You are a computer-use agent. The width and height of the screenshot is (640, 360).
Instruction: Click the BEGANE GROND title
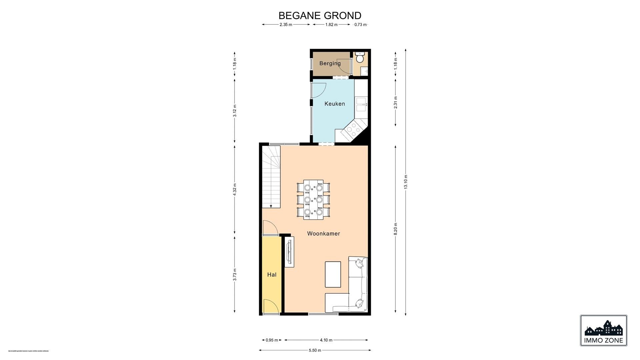pos(320,16)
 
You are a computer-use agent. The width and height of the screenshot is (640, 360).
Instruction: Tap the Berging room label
pos(330,63)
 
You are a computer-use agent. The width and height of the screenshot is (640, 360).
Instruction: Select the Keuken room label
pos(335,104)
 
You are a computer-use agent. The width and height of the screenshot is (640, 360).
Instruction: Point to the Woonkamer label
pos(323,234)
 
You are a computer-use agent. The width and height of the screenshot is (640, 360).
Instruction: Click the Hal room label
pos(272,275)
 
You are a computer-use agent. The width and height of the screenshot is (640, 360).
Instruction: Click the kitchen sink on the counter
pos(361,104)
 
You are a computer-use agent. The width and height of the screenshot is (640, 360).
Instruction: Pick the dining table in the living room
pos(313,199)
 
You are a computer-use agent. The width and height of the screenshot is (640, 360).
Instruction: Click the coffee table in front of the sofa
pos(333,274)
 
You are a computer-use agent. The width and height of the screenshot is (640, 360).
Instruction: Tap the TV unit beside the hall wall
pos(289,253)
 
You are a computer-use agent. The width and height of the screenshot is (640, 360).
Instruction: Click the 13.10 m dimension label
pos(406,182)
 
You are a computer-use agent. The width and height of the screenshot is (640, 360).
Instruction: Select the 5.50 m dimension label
pos(315,350)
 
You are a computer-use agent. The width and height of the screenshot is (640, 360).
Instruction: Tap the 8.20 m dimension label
pos(396,229)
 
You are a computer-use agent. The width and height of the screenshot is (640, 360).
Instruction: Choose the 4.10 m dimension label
pos(326,340)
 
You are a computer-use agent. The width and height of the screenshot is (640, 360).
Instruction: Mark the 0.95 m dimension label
pos(272,340)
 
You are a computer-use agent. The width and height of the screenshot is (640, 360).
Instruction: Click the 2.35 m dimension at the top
pos(286,25)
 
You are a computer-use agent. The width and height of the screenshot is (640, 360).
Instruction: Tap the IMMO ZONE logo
pos(603,330)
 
